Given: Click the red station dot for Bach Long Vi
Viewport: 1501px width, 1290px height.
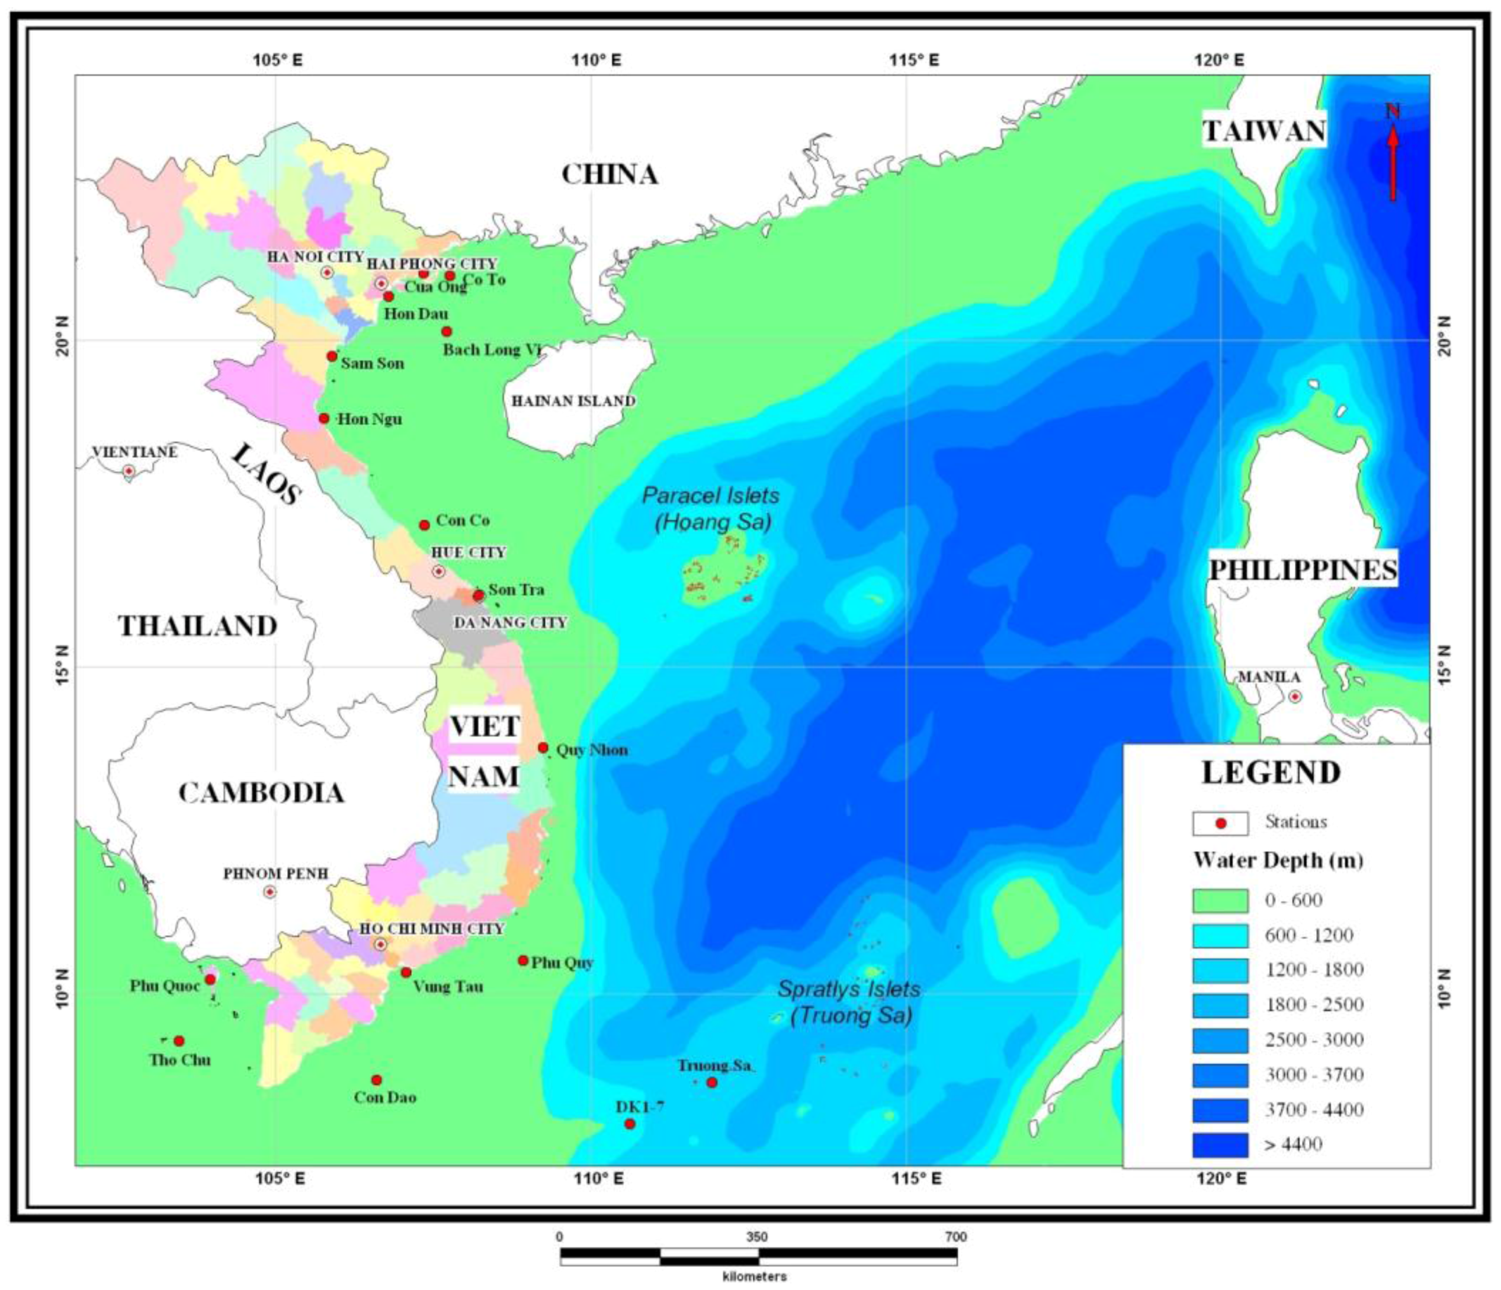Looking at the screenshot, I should tap(447, 332).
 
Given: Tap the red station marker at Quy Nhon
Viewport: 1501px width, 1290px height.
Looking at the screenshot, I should tap(543, 747).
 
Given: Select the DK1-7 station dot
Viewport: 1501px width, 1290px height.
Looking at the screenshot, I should tap(630, 1124).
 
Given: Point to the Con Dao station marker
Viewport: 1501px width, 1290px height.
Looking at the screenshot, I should tap(377, 1080).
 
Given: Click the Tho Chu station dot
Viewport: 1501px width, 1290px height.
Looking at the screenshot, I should tap(179, 1041).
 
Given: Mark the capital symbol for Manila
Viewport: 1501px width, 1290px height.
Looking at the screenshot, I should tap(1294, 697).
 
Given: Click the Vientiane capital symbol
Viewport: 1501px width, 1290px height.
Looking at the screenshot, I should tap(129, 471).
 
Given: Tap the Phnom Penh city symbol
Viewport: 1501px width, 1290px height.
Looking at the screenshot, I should tap(270, 891).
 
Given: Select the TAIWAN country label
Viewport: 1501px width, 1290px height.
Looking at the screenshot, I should tap(1264, 131).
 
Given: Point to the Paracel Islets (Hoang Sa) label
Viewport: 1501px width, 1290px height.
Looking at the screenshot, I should tap(711, 508).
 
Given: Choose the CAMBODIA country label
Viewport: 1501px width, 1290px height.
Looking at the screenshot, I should tap(261, 793).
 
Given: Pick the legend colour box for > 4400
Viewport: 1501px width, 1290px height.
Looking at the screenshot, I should tap(1220, 1145).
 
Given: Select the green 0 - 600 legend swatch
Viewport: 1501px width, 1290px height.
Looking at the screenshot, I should tap(1220, 900).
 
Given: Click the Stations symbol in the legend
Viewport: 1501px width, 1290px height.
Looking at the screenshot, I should tap(1220, 823).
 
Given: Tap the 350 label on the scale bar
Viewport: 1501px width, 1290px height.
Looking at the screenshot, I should tap(757, 1237).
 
